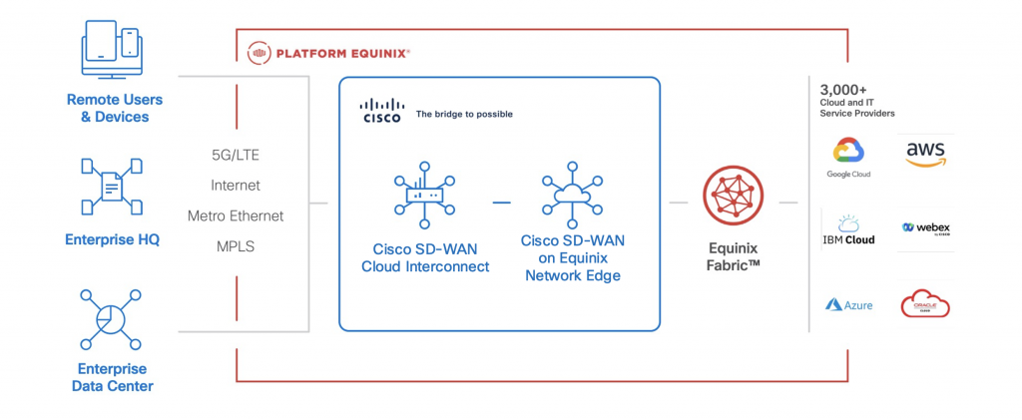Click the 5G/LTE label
[x=236, y=156]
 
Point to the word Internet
[x=236, y=186]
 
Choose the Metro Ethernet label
[x=236, y=215]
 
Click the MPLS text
[x=236, y=245]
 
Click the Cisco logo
[x=380, y=111]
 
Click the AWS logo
[x=925, y=154]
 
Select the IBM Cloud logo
[x=848, y=229]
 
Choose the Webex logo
[x=925, y=228]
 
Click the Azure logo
[x=848, y=304]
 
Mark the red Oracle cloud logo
[x=925, y=303]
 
